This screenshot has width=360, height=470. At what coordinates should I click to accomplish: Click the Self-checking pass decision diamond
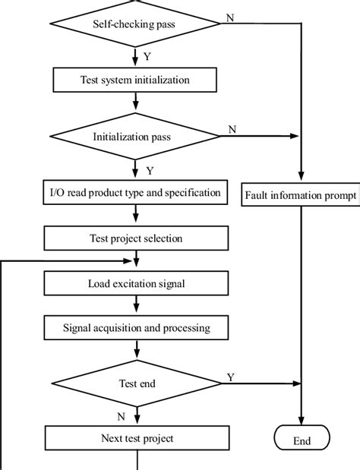click(x=136, y=24)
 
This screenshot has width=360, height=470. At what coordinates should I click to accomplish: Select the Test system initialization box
click(x=136, y=79)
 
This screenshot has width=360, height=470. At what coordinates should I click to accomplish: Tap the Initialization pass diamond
click(x=136, y=137)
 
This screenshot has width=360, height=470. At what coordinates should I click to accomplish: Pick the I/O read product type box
click(x=136, y=193)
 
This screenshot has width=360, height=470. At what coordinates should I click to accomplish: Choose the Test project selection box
click(x=136, y=238)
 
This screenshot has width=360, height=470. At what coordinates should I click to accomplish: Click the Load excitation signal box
click(x=136, y=285)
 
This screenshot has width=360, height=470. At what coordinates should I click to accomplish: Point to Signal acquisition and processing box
click(x=136, y=329)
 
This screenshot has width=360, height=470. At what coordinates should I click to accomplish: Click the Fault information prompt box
click(x=301, y=195)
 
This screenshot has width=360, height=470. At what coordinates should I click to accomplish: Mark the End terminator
click(x=302, y=440)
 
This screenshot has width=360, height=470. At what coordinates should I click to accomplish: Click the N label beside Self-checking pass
click(x=229, y=17)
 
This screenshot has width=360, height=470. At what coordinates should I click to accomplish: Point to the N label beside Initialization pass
click(x=233, y=130)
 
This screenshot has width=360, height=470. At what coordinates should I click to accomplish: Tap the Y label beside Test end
click(x=231, y=377)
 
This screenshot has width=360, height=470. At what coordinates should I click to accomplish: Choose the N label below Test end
click(x=122, y=416)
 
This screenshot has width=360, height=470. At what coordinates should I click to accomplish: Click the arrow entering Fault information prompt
click(x=302, y=172)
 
